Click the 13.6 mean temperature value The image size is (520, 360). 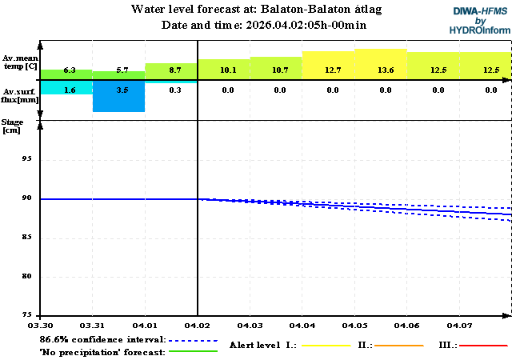tap(385, 70)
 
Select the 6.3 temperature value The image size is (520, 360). tap(70, 70)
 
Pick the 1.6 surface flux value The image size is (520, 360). tap(70, 90)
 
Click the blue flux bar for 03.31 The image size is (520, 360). tap(118, 102)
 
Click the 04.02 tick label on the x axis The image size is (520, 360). tap(197, 326)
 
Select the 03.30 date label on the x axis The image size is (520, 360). tap(40, 326)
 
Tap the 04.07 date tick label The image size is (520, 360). tap(459, 326)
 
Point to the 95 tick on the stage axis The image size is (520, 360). tap(27, 159)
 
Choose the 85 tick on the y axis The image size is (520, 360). tap(27, 238)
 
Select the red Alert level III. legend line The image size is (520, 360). tap(484, 346)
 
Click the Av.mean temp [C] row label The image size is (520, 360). tap(20, 62)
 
